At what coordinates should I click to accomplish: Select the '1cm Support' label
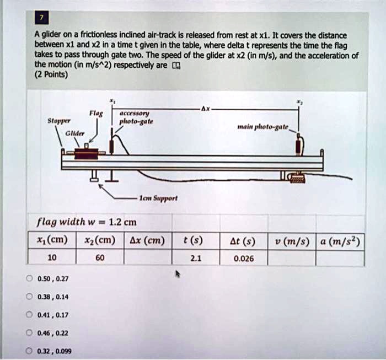(x=151, y=196)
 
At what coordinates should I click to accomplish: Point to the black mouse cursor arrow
(x=178, y=273)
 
